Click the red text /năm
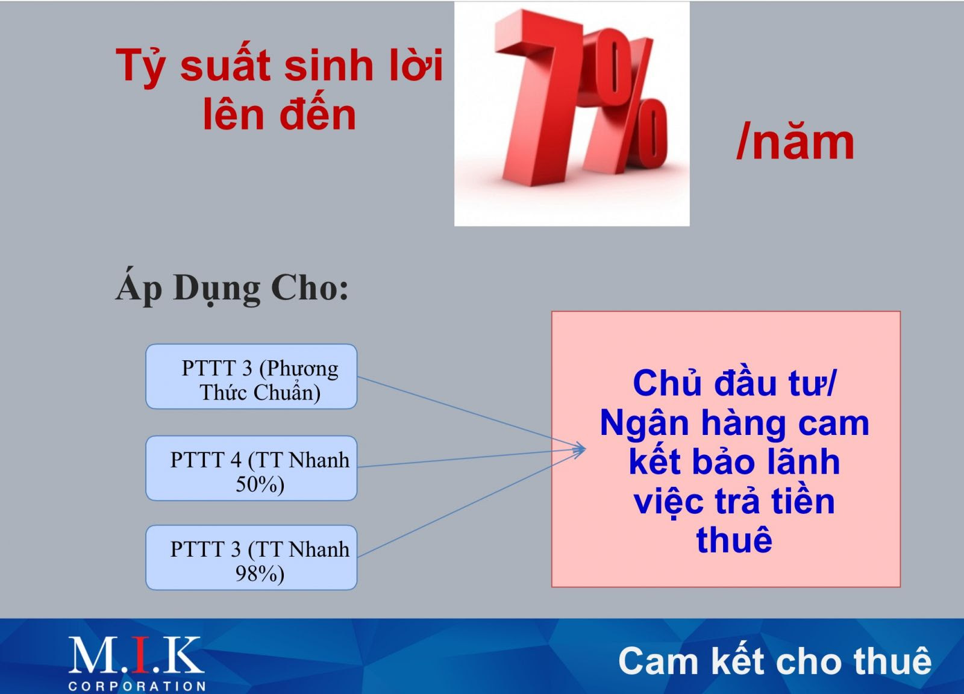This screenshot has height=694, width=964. pyautogui.click(x=795, y=142)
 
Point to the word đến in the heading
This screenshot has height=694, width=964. pyautogui.click(x=318, y=114)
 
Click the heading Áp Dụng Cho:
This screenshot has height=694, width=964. pyautogui.click(x=231, y=288)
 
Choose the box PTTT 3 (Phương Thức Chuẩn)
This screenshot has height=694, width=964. pyautogui.click(x=251, y=377)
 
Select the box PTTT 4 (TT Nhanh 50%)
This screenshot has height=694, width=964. pyautogui.click(x=251, y=468)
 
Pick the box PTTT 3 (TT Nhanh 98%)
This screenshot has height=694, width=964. pyautogui.click(x=251, y=558)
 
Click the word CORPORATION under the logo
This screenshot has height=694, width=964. pyautogui.click(x=137, y=686)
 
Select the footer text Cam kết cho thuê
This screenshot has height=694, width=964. pyautogui.click(x=775, y=661)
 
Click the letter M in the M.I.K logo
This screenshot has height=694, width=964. pyautogui.click(x=90, y=655)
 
